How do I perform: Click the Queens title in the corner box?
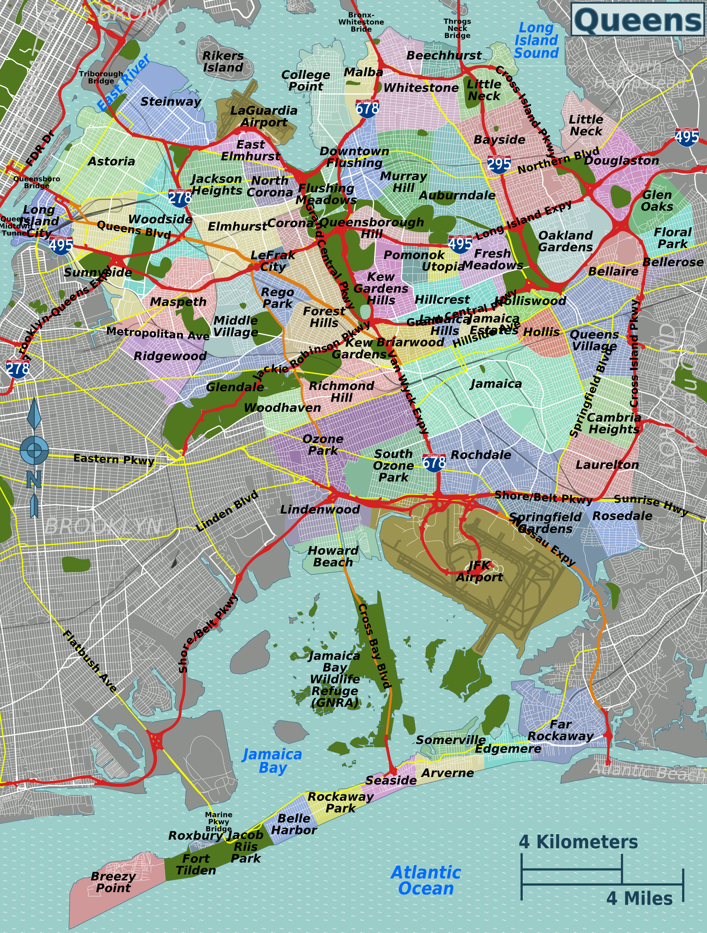click(638, 20)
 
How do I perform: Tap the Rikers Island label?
click(223, 62)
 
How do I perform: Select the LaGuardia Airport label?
click(264, 116)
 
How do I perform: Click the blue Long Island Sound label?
click(536, 41)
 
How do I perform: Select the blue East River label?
click(123, 83)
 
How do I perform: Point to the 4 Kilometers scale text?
click(578, 842)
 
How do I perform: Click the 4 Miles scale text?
click(639, 898)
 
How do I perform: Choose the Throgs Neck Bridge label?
click(457, 28)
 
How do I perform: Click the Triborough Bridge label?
click(101, 77)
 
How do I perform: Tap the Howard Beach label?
click(333, 556)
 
